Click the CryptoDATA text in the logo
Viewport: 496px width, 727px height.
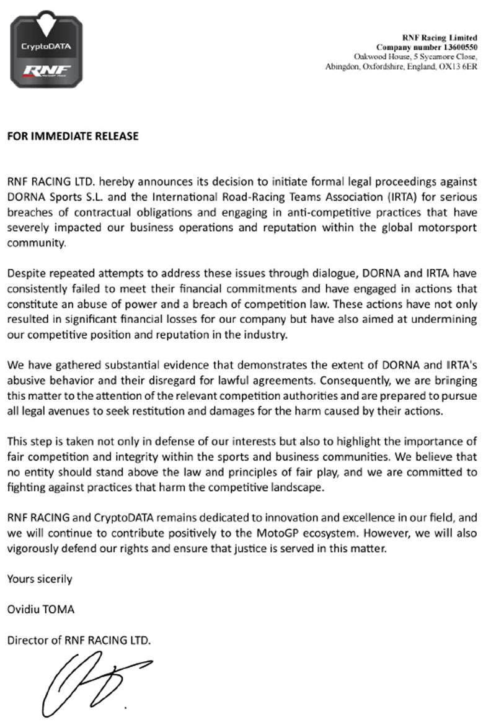pos(46,46)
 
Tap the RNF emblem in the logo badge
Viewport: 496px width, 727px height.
pos(46,68)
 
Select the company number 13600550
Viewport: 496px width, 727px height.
pos(454,47)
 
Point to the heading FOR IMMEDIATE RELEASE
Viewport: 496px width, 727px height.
pos(73,137)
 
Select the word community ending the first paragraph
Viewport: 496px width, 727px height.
pos(35,243)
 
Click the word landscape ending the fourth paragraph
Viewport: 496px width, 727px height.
pos(296,487)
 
